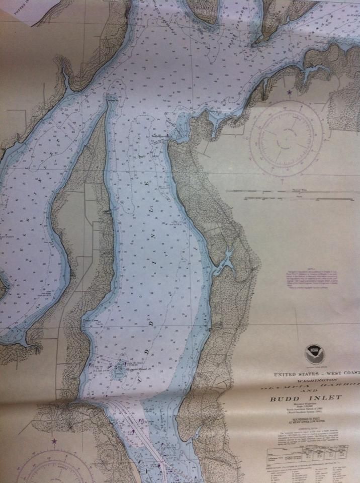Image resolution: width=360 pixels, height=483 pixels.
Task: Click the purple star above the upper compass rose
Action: (289, 93)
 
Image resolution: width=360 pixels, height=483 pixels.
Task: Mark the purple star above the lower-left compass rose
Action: (54, 441)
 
